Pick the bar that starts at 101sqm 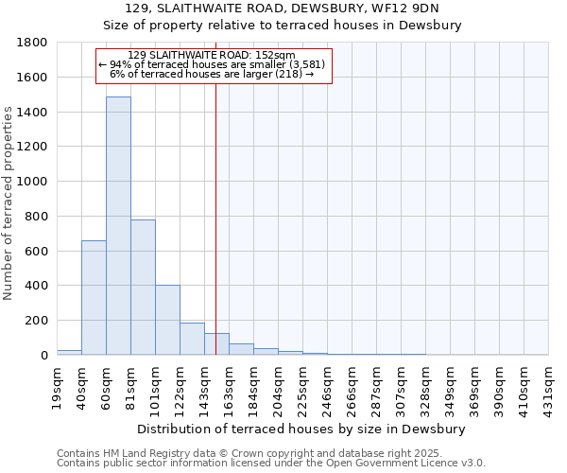(167, 320)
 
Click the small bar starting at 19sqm (69, 352)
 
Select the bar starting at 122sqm (192, 339)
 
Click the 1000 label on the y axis (32, 182)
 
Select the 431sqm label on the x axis (548, 387)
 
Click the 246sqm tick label (327, 387)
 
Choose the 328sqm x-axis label (425, 387)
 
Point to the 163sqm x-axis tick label (229, 387)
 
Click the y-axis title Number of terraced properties (9, 203)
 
